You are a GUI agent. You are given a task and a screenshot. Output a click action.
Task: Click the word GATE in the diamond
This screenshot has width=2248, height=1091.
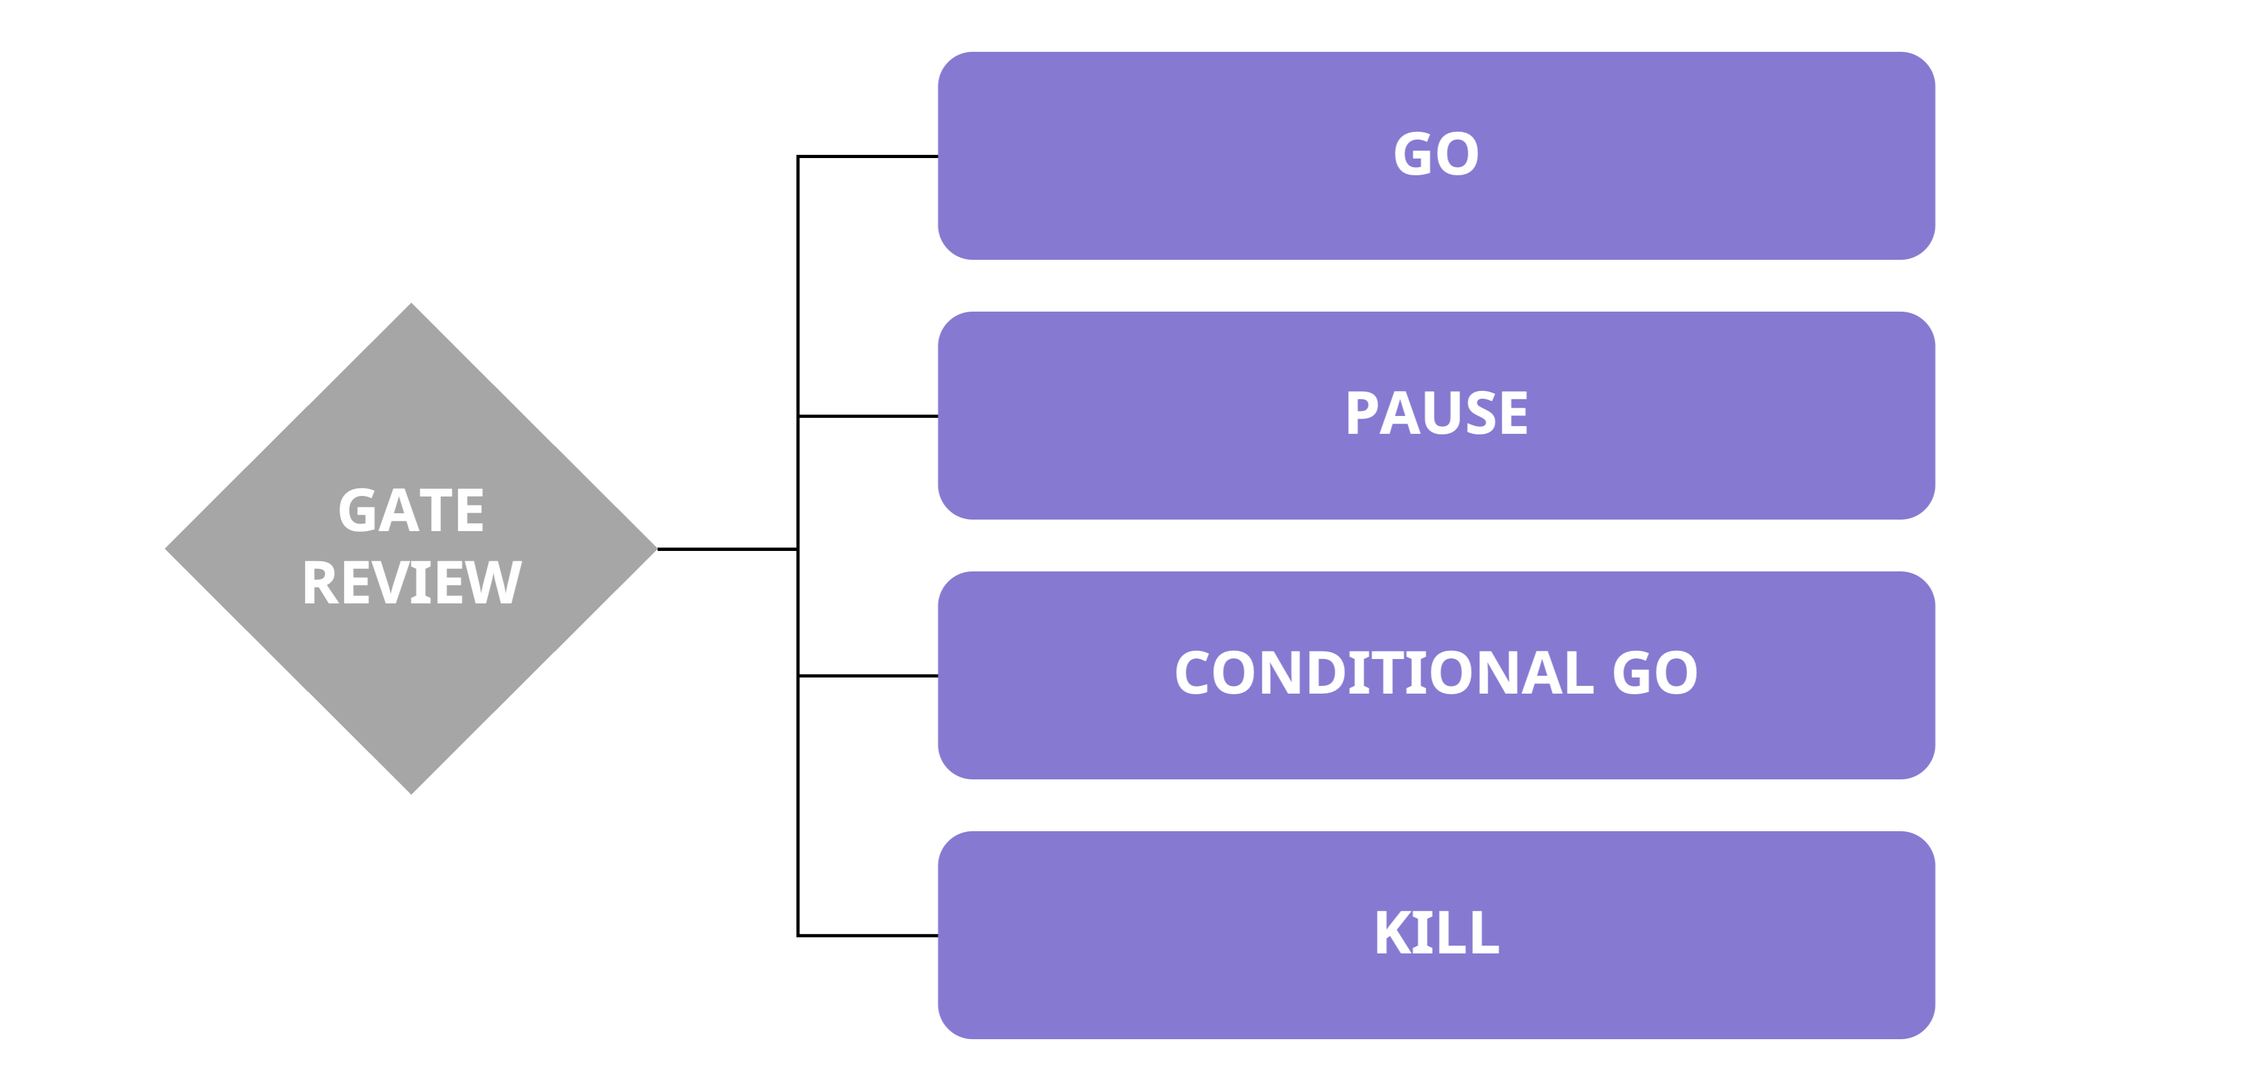click(411, 511)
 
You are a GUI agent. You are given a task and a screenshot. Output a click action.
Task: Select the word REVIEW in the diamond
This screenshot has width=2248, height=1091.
click(411, 583)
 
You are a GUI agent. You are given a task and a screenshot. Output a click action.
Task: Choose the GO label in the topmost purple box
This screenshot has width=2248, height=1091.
click(1436, 154)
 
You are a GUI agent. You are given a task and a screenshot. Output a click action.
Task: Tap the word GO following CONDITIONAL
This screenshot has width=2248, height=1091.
click(1654, 674)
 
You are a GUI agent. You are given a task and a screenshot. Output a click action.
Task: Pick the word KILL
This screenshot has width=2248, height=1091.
click(1436, 933)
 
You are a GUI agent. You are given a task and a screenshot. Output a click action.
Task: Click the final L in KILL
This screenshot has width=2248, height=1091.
click(1484, 933)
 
